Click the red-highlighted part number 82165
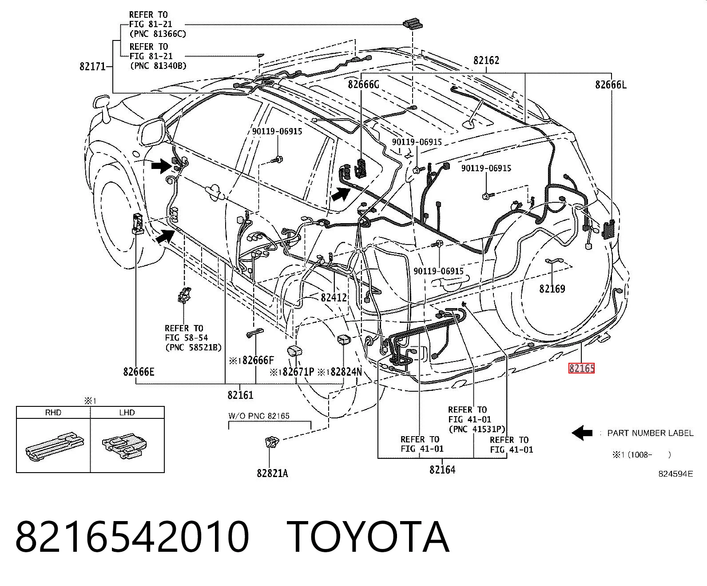[581, 368]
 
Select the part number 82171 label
[92, 66]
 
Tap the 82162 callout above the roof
[486, 60]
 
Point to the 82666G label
[363, 84]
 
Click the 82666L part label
[611, 84]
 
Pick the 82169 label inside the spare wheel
[552, 289]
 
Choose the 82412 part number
[334, 298]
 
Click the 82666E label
[139, 372]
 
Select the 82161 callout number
[240, 395]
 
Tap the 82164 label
[442, 470]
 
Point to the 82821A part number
[272, 473]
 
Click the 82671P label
[298, 372]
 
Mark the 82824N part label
[346, 372]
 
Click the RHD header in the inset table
[53, 412]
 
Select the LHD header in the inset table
[127, 412]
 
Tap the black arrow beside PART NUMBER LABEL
[582, 433]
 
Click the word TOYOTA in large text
[368, 537]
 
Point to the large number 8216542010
[132, 537]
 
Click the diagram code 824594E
[675, 474]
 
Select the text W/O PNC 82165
[259, 416]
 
